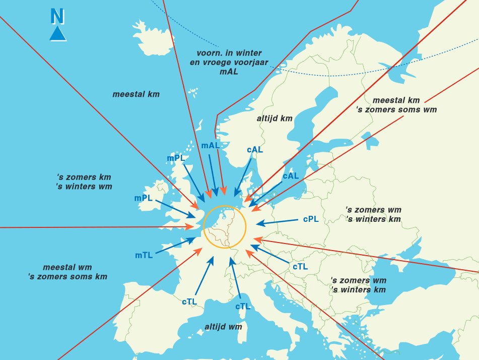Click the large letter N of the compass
[57, 17]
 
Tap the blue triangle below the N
[58, 34]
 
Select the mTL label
[144, 256]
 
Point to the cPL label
[311, 219]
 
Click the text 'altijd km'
[274, 118]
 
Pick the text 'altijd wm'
[223, 327]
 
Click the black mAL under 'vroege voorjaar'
[229, 72]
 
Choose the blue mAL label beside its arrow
[211, 146]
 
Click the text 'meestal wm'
[67, 267]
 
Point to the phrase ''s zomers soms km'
[67, 277]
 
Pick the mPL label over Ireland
[143, 198]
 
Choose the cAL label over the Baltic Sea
[291, 176]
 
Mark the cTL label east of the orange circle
[300, 266]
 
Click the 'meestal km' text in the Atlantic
[136, 94]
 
